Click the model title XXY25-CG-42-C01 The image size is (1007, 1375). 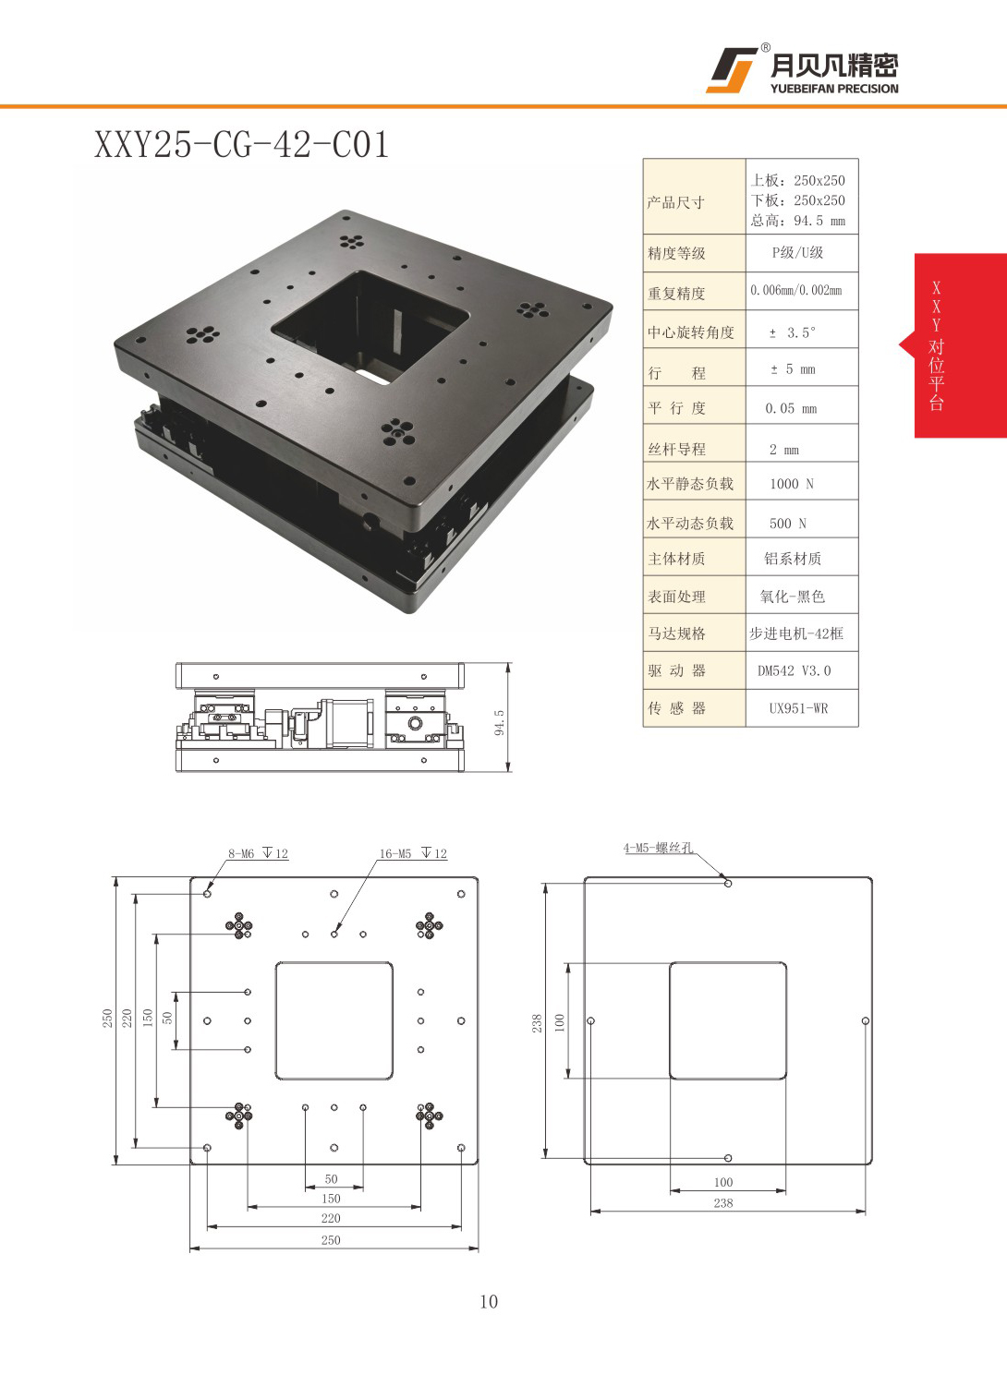click(x=241, y=145)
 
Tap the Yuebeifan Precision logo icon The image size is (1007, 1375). click(x=731, y=70)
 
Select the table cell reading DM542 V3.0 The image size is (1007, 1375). click(x=794, y=671)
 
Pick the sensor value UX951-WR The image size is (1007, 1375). click(x=798, y=708)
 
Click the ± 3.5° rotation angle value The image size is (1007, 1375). click(x=793, y=332)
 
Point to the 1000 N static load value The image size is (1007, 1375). click(x=792, y=484)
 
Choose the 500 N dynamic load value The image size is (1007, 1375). click(x=788, y=523)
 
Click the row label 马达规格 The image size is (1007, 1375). click(x=676, y=633)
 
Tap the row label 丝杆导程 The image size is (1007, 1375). click(x=676, y=449)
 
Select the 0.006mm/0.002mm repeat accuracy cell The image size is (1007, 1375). click(x=795, y=290)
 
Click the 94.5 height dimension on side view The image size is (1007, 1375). click(x=499, y=722)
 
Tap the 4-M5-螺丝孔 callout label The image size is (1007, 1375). click(x=658, y=848)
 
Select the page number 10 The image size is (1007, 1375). click(x=489, y=1301)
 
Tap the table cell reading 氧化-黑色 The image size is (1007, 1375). click(x=792, y=596)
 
